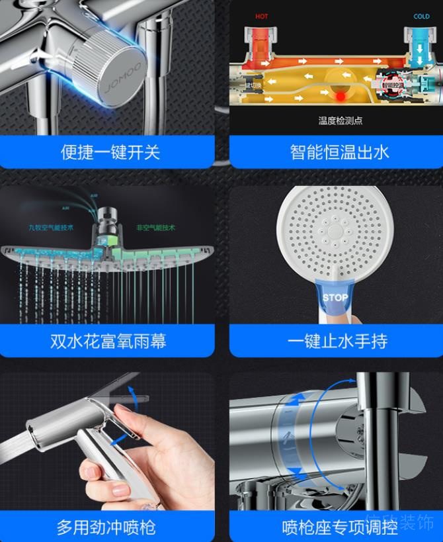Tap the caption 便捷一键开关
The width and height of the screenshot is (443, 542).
pos(110,152)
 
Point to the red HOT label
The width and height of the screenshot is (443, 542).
pos(262,17)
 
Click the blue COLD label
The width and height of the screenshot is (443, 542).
pos(421,17)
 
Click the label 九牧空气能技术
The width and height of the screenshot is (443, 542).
pos(51,227)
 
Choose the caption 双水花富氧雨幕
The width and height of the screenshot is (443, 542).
pos(108,341)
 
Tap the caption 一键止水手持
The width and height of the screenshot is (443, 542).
pos(337,341)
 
